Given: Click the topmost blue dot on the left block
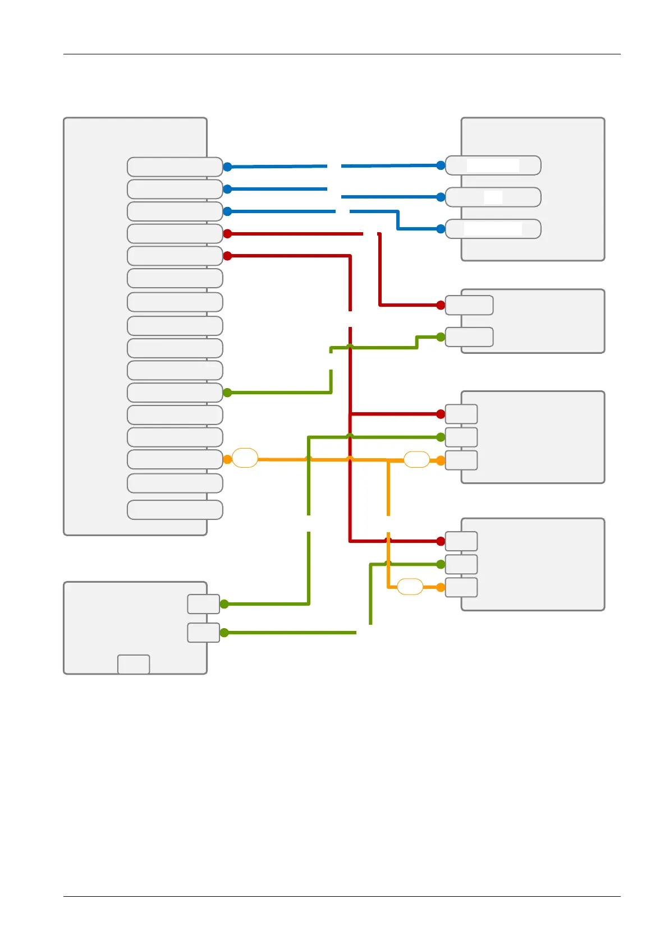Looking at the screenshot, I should pyautogui.click(x=227, y=167).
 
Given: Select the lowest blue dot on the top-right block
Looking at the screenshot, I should pyautogui.click(x=441, y=229).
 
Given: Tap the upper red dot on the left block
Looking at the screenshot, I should pyautogui.click(x=227, y=233).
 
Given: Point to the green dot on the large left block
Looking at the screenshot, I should pyautogui.click(x=227, y=393).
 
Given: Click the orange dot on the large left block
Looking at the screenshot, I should pyautogui.click(x=227, y=459).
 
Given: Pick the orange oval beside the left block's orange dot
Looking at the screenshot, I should pyautogui.click(x=245, y=458).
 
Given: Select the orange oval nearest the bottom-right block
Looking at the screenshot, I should pyautogui.click(x=410, y=587).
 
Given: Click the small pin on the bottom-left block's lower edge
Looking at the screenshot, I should pyautogui.click(x=134, y=664).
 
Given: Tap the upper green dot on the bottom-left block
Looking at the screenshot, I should pyautogui.click(x=224, y=604).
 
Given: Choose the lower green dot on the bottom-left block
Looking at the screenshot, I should pyautogui.click(x=224, y=633).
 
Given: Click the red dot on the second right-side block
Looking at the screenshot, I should pyautogui.click(x=441, y=305).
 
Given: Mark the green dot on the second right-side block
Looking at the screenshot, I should pyautogui.click(x=441, y=337).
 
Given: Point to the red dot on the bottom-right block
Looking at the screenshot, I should pyautogui.click(x=441, y=541).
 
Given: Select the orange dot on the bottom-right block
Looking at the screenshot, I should pyautogui.click(x=441, y=587).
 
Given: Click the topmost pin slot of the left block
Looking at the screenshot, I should pyautogui.click(x=175, y=167).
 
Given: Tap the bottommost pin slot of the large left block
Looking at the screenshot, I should pyautogui.click(x=175, y=510).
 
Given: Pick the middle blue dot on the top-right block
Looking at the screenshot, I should pyautogui.click(x=441, y=197).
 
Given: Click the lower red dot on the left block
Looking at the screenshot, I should pyautogui.click(x=227, y=256).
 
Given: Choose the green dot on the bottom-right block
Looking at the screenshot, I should pyautogui.click(x=441, y=564).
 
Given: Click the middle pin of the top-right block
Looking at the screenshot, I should pyautogui.click(x=493, y=197).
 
